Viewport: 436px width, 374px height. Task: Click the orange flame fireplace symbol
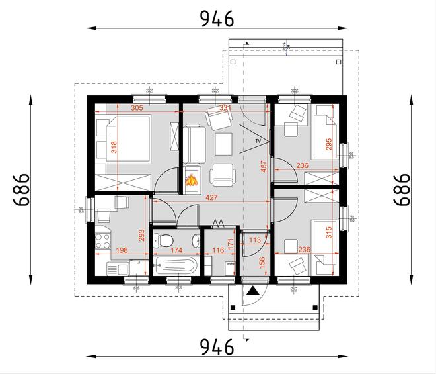click(191, 180)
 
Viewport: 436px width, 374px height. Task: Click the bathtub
click(174, 267)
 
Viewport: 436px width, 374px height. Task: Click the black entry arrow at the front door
click(252, 290)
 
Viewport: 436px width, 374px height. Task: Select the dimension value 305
click(137, 107)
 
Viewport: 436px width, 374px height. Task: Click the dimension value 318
click(114, 147)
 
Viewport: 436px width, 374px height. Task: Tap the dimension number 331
click(225, 107)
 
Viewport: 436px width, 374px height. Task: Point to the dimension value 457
click(264, 167)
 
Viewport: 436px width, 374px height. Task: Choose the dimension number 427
click(211, 197)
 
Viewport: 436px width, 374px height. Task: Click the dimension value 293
click(141, 236)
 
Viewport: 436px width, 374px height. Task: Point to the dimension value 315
click(329, 233)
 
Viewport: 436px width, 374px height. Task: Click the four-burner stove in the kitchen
click(103, 240)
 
